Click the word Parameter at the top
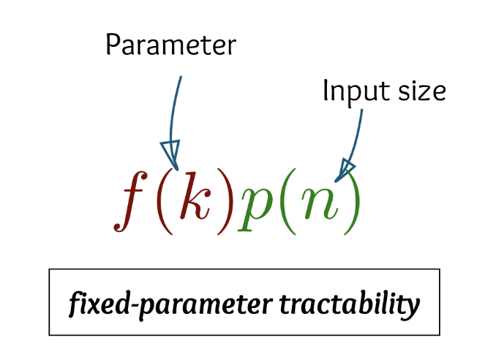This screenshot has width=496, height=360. (x=170, y=45)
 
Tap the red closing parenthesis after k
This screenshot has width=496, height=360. (x=225, y=199)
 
